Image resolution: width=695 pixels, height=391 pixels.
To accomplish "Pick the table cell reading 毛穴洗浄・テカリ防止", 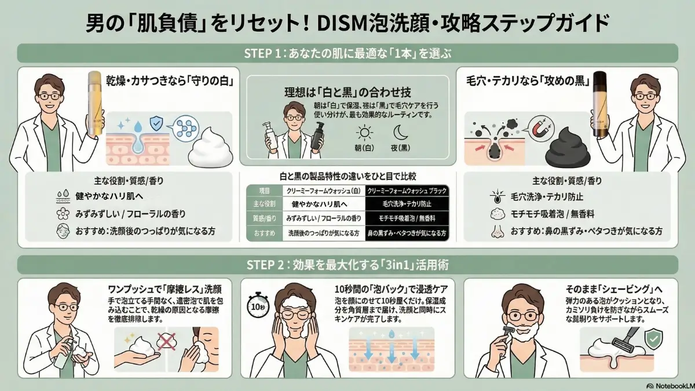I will coord(408,204).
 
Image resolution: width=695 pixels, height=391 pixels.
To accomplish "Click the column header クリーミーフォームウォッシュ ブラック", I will coord(408,190).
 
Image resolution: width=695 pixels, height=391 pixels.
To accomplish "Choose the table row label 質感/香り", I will coord(264,220).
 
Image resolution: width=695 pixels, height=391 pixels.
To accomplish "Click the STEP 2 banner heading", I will coord(348,265).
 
